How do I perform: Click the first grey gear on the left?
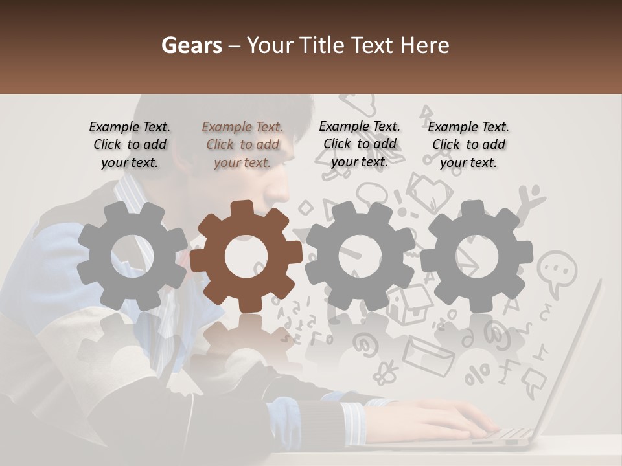click(x=132, y=256)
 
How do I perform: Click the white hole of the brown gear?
click(x=246, y=256)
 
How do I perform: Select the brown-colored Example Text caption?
click(x=242, y=145)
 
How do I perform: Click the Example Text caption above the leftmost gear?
click(x=130, y=145)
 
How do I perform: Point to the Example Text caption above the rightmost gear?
click(x=468, y=145)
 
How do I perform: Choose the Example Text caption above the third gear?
click(x=360, y=144)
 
